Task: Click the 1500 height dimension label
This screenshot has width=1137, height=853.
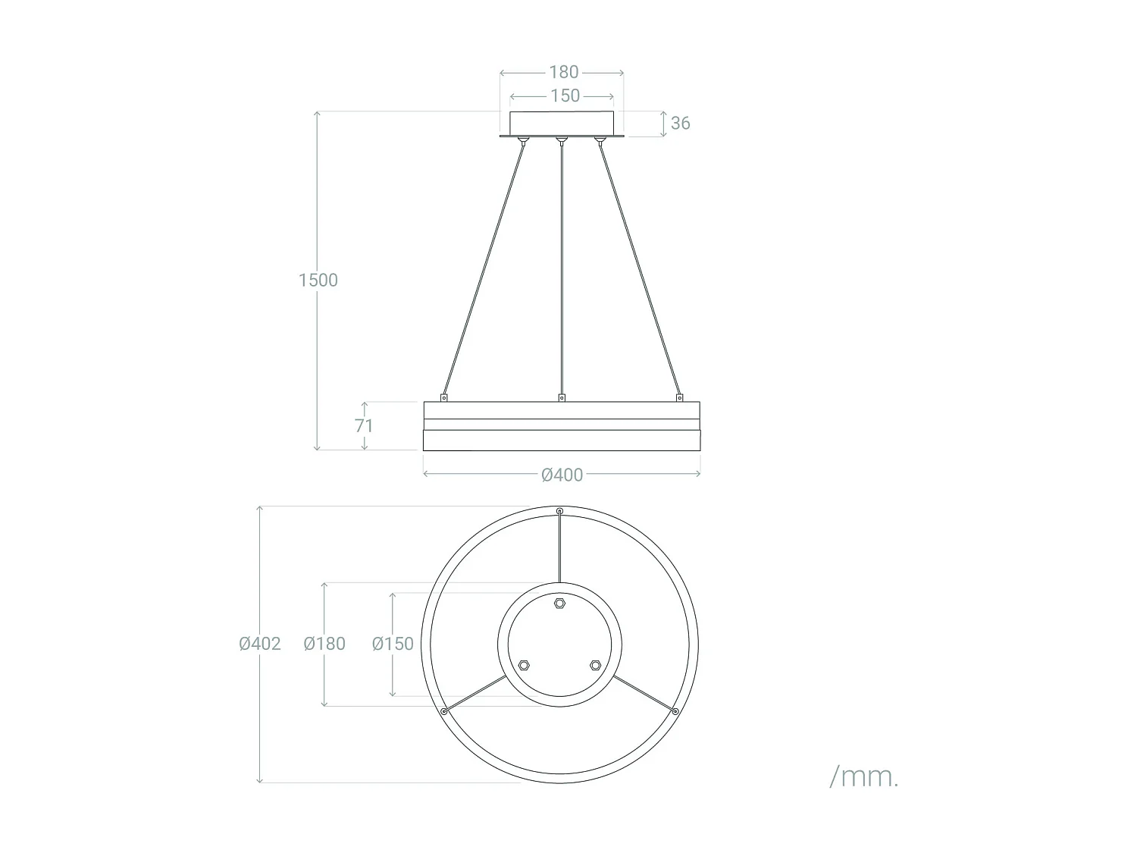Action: click(318, 280)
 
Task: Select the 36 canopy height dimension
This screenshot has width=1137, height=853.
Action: click(680, 123)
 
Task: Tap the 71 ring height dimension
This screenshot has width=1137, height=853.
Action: click(364, 425)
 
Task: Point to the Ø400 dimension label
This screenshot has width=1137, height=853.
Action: click(562, 475)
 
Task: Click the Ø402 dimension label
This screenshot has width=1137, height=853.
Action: click(260, 644)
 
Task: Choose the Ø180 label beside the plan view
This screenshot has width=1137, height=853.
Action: click(324, 644)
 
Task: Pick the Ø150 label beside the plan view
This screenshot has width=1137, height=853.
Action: click(393, 644)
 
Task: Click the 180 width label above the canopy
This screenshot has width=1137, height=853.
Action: click(563, 72)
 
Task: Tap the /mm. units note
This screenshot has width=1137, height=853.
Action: click(864, 776)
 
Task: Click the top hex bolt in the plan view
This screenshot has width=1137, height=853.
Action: click(560, 604)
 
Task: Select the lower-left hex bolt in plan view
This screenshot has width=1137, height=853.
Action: click(524, 665)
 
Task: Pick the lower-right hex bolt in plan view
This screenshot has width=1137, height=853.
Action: click(596, 665)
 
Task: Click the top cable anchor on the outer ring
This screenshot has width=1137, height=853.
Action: click(560, 512)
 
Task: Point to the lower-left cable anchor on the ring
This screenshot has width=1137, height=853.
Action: click(443, 711)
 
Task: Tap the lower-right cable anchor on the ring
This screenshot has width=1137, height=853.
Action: click(675, 711)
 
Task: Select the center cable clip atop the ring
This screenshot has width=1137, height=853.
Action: click(561, 397)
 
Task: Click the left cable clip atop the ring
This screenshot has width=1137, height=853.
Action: click(444, 397)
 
